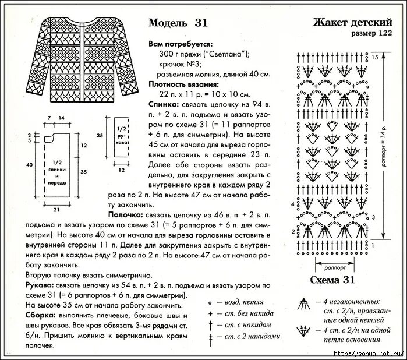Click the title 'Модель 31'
[x=178, y=23]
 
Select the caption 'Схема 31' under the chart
[x=332, y=280]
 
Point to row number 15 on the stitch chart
[x=375, y=57]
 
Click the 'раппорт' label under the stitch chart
[x=331, y=269]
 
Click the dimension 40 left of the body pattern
[x=30, y=165]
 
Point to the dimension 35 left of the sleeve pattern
[x=100, y=135]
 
